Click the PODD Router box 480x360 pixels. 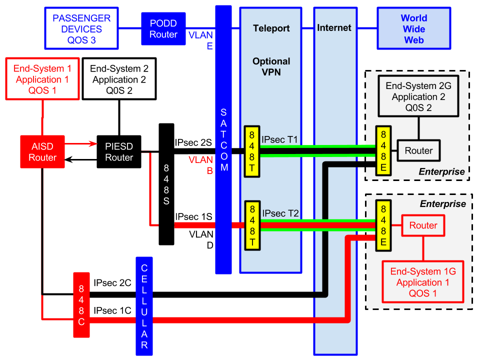[x=163, y=28]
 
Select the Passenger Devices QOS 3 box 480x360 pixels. [x=81, y=28]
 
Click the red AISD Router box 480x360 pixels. [x=42, y=151]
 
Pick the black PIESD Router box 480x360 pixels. [x=118, y=151]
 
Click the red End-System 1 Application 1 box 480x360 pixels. [x=42, y=79]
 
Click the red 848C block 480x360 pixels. [x=81, y=305]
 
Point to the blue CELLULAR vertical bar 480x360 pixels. [x=144, y=305]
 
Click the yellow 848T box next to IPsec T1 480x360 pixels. [x=252, y=151]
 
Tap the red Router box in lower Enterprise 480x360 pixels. [x=423, y=225]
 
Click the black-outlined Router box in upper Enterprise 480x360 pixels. [x=418, y=151]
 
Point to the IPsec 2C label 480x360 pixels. [x=112, y=283]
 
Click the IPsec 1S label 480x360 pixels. [x=193, y=217]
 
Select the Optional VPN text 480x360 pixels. [x=271, y=66]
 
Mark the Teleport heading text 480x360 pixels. [x=271, y=28]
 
